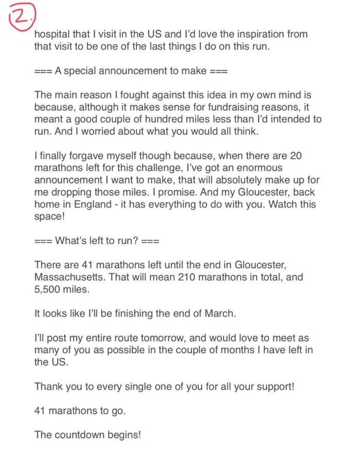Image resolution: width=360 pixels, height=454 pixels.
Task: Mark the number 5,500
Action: click(x=48, y=289)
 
